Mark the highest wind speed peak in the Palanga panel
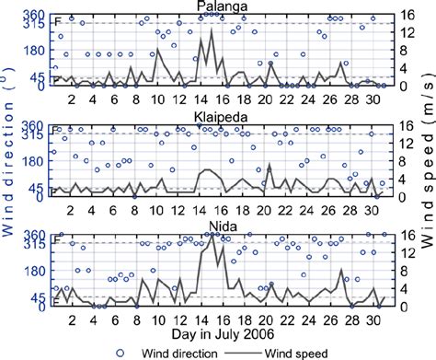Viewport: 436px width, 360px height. [x=212, y=29]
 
